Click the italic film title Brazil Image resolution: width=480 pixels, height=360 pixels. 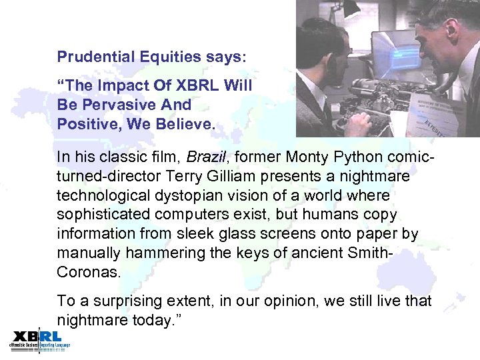tap(205, 158)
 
